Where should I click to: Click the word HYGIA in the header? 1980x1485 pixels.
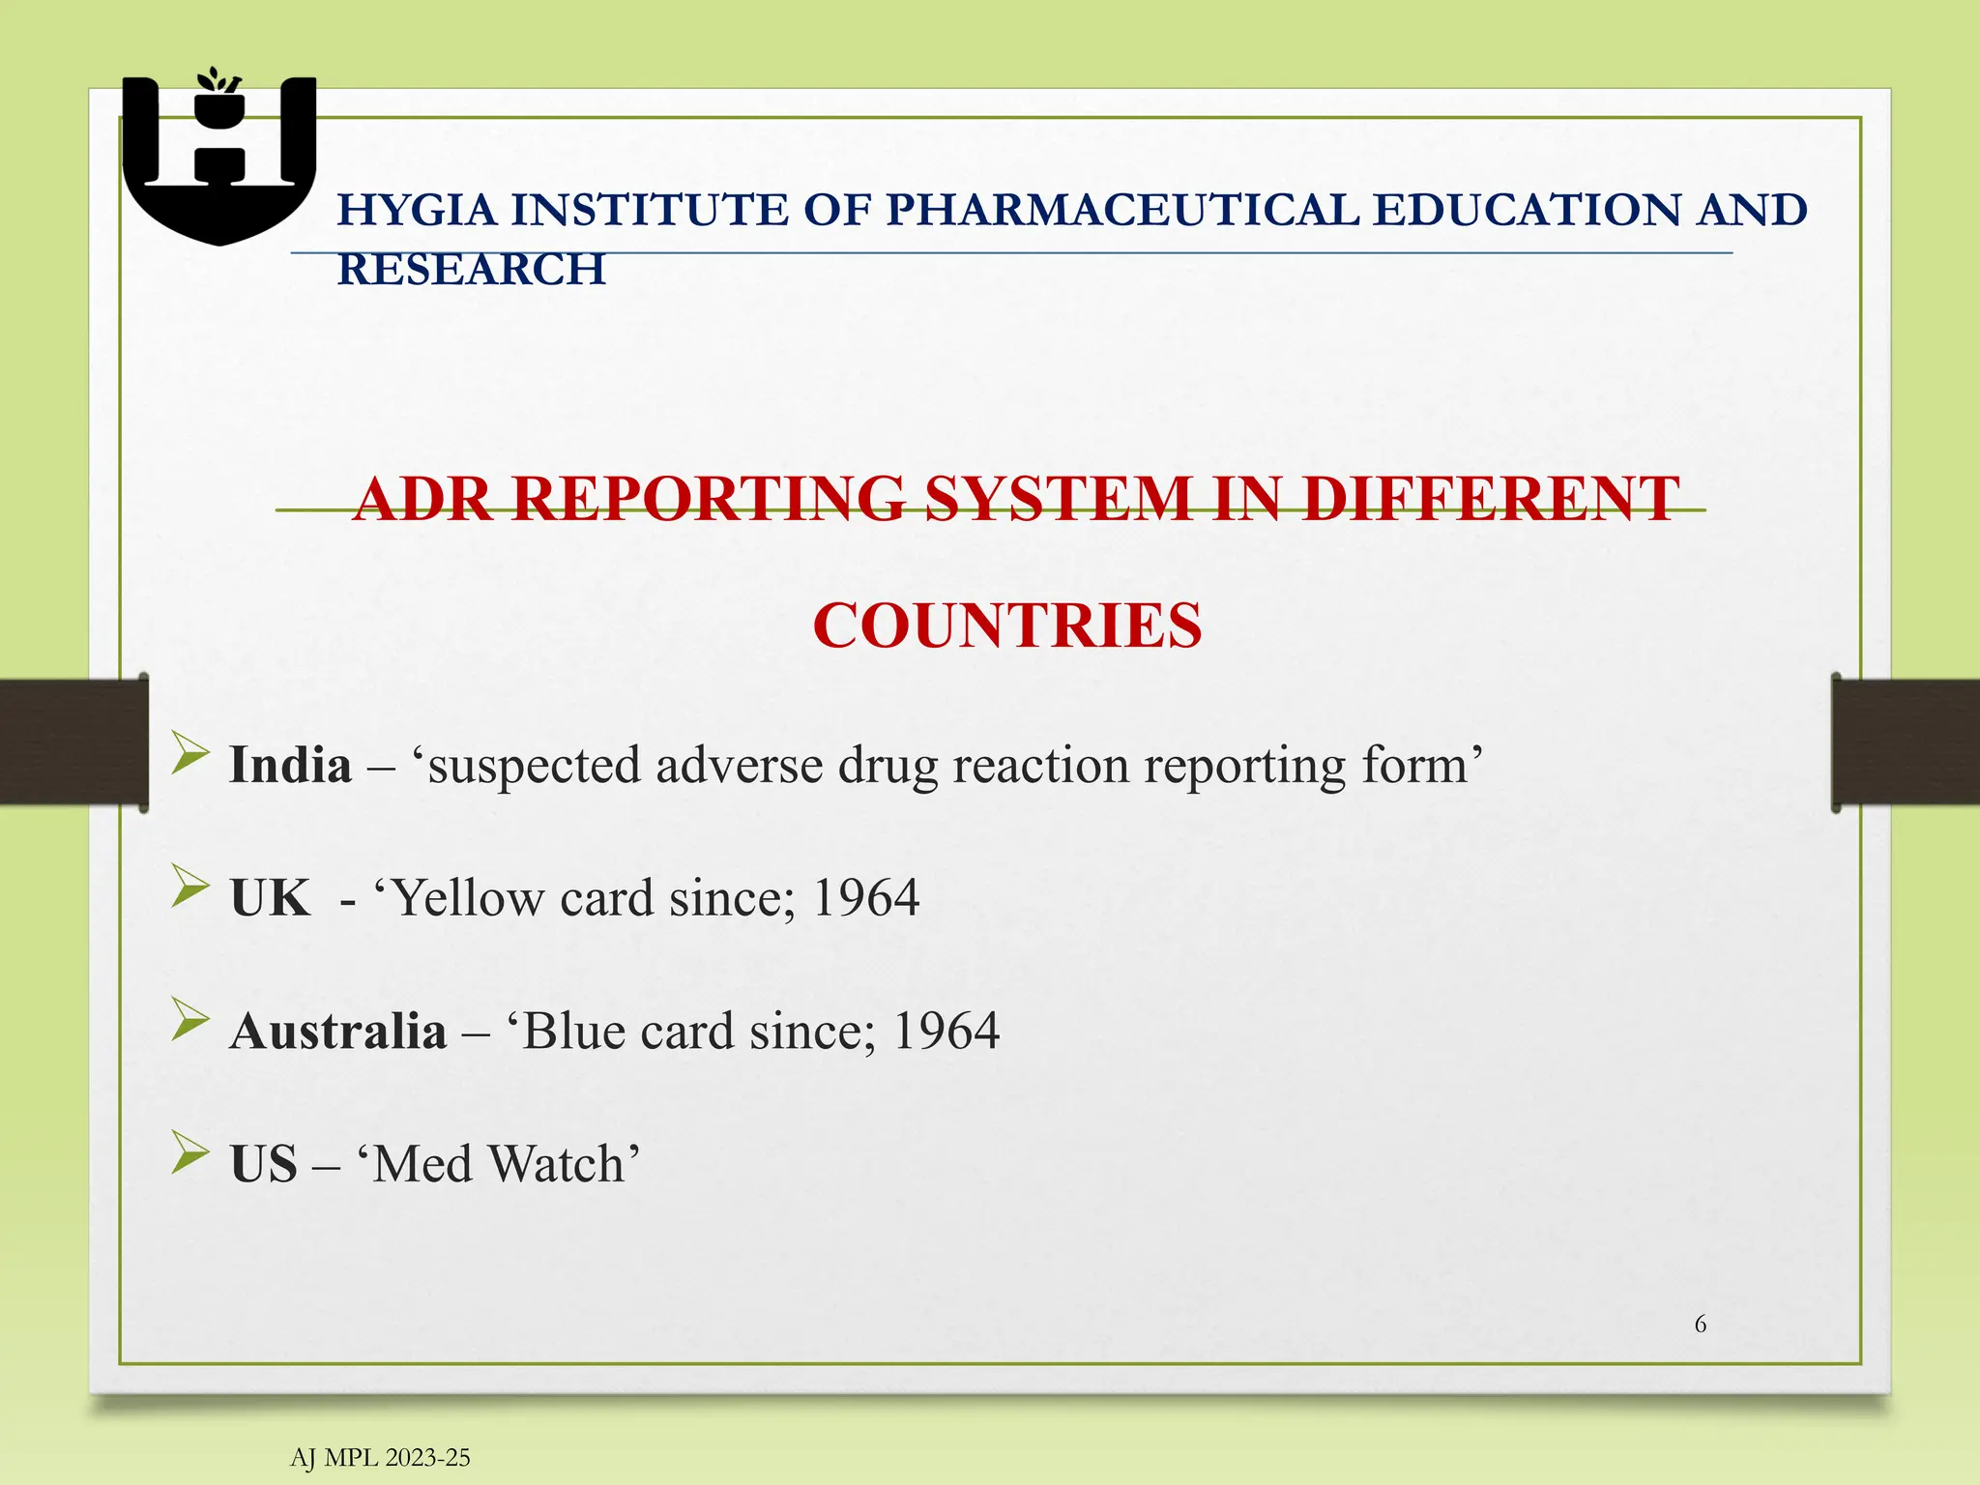[x=417, y=210]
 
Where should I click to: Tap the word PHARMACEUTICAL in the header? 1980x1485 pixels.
[x=1121, y=210]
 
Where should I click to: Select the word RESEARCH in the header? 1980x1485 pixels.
[x=471, y=269]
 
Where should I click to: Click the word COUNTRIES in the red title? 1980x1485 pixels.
[x=1007, y=626]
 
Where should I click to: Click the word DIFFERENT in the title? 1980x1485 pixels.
[x=1489, y=500]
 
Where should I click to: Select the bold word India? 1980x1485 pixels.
[x=290, y=765]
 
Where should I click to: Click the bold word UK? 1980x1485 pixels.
[x=270, y=898]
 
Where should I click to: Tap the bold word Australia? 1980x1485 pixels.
[x=338, y=1031]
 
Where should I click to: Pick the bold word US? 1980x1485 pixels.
[x=263, y=1163]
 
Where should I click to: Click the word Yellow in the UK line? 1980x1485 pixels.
[x=469, y=898]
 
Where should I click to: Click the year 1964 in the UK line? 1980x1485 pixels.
[x=865, y=898]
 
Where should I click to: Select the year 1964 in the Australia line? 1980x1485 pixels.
[x=946, y=1031]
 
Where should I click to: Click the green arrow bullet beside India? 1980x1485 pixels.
[x=189, y=753]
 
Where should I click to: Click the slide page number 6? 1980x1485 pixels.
[x=1701, y=1325]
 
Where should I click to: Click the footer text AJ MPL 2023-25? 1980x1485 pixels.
[x=380, y=1458]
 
